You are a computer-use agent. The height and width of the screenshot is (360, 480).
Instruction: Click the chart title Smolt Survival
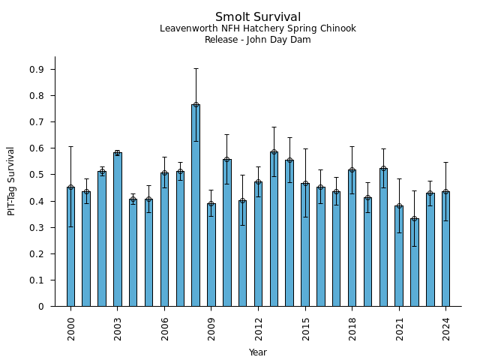[258, 17]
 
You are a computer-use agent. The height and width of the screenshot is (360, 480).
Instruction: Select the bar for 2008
[196, 205]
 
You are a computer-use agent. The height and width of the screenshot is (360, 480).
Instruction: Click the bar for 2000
[70, 247]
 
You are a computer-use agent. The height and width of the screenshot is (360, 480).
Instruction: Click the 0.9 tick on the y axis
[37, 70]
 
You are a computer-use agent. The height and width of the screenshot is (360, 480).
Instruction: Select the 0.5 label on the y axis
[37, 175]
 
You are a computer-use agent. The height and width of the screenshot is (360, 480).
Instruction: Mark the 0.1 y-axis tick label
[37, 280]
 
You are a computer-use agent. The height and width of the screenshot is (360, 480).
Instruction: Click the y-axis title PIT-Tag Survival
[11, 181]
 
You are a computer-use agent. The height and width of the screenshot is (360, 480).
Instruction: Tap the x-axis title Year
[258, 352]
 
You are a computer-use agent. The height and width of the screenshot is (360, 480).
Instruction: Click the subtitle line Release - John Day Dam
[258, 40]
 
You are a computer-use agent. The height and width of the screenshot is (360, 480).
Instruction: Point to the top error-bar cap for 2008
[196, 69]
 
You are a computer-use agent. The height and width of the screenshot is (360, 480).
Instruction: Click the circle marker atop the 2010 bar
[226, 160]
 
